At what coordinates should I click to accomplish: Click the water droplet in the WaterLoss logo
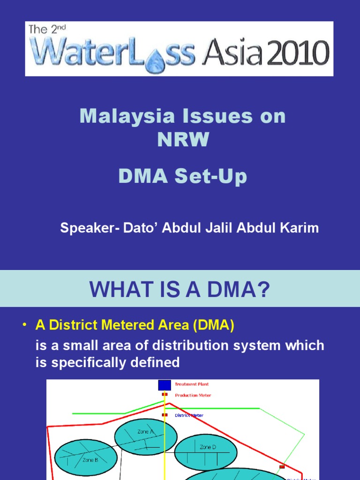click(153, 60)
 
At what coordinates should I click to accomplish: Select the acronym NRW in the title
click(183, 140)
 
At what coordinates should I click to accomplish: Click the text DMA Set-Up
click(182, 177)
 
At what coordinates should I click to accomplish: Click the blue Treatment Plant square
click(165, 385)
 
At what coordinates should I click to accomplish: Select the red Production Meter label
click(193, 395)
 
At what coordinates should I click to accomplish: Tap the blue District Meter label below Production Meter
click(189, 415)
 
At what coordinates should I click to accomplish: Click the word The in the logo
click(38, 30)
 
